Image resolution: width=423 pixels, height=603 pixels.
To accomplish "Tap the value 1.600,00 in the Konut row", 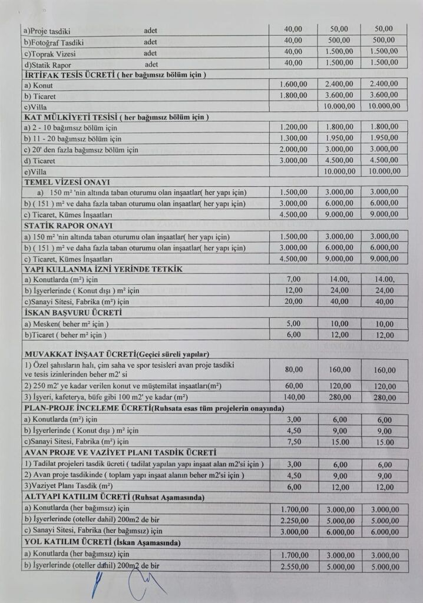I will [x=293, y=85].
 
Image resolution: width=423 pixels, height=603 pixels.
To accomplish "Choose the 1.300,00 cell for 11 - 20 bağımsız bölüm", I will [x=293, y=138].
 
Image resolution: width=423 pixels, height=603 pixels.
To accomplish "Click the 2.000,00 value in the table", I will [x=293, y=149].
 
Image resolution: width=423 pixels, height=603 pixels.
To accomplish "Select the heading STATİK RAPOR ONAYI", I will [x=67, y=226].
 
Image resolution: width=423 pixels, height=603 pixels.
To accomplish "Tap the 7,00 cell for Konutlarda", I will [x=293, y=280].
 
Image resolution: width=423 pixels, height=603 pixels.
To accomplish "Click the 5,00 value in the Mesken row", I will [x=293, y=323].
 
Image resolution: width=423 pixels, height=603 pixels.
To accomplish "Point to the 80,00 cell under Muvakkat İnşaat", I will [x=293, y=369].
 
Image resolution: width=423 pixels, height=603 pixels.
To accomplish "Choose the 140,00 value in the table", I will [x=293, y=397].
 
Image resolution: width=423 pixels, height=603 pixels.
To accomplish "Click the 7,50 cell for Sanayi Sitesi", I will [x=293, y=442].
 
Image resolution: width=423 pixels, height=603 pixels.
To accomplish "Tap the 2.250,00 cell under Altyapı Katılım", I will [x=293, y=519].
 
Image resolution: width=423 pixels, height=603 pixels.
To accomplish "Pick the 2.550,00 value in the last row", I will [x=293, y=566].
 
